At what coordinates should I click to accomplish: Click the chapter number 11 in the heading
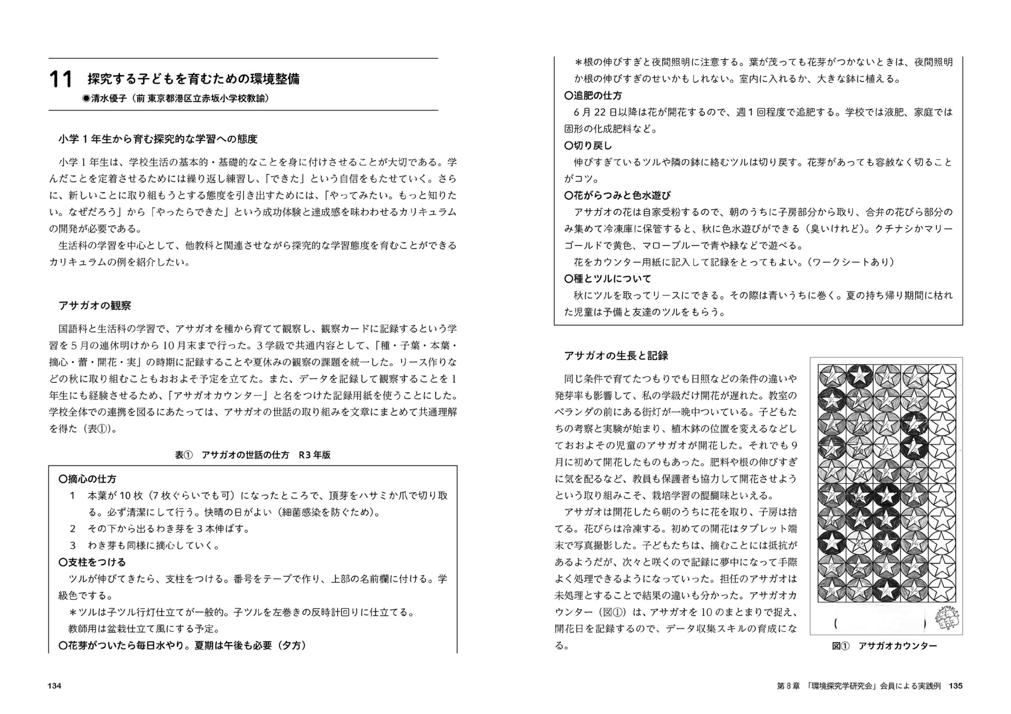61,80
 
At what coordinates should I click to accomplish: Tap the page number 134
55,686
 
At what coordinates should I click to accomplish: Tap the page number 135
956,686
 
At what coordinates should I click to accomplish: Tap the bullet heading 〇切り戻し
588,145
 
